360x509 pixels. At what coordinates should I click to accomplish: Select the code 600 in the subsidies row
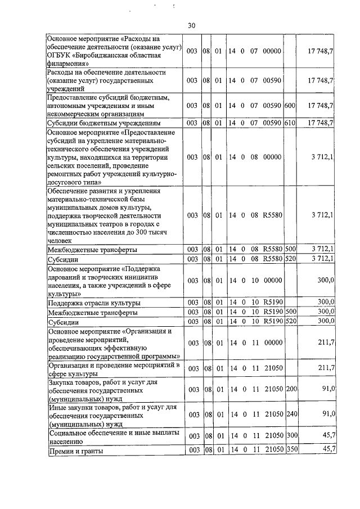point(290,105)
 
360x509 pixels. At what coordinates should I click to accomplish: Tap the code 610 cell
point(290,122)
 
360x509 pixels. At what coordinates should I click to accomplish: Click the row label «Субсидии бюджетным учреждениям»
point(105,123)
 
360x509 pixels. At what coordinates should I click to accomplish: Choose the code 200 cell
point(290,389)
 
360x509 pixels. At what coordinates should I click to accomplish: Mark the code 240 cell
point(290,414)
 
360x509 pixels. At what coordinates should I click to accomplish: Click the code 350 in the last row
point(290,449)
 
